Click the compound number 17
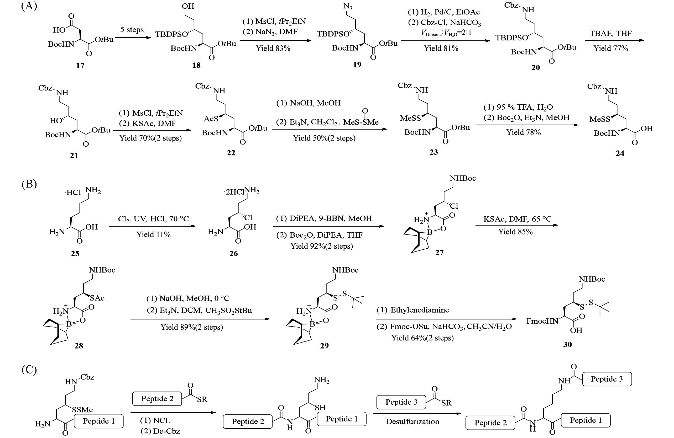[80, 66]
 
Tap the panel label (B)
[29, 184]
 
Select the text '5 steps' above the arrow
[132, 29]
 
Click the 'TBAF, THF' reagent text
[610, 33]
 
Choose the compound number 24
[620, 153]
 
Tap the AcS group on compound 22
[211, 119]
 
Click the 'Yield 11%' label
[154, 234]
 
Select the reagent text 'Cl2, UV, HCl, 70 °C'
[153, 219]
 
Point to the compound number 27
[439, 252]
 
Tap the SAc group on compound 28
[97, 298]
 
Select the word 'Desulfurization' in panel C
[412, 421]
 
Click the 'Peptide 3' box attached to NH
[607, 379]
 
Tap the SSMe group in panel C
[82, 409]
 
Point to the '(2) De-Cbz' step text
[160, 431]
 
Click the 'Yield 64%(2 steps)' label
[422, 338]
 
